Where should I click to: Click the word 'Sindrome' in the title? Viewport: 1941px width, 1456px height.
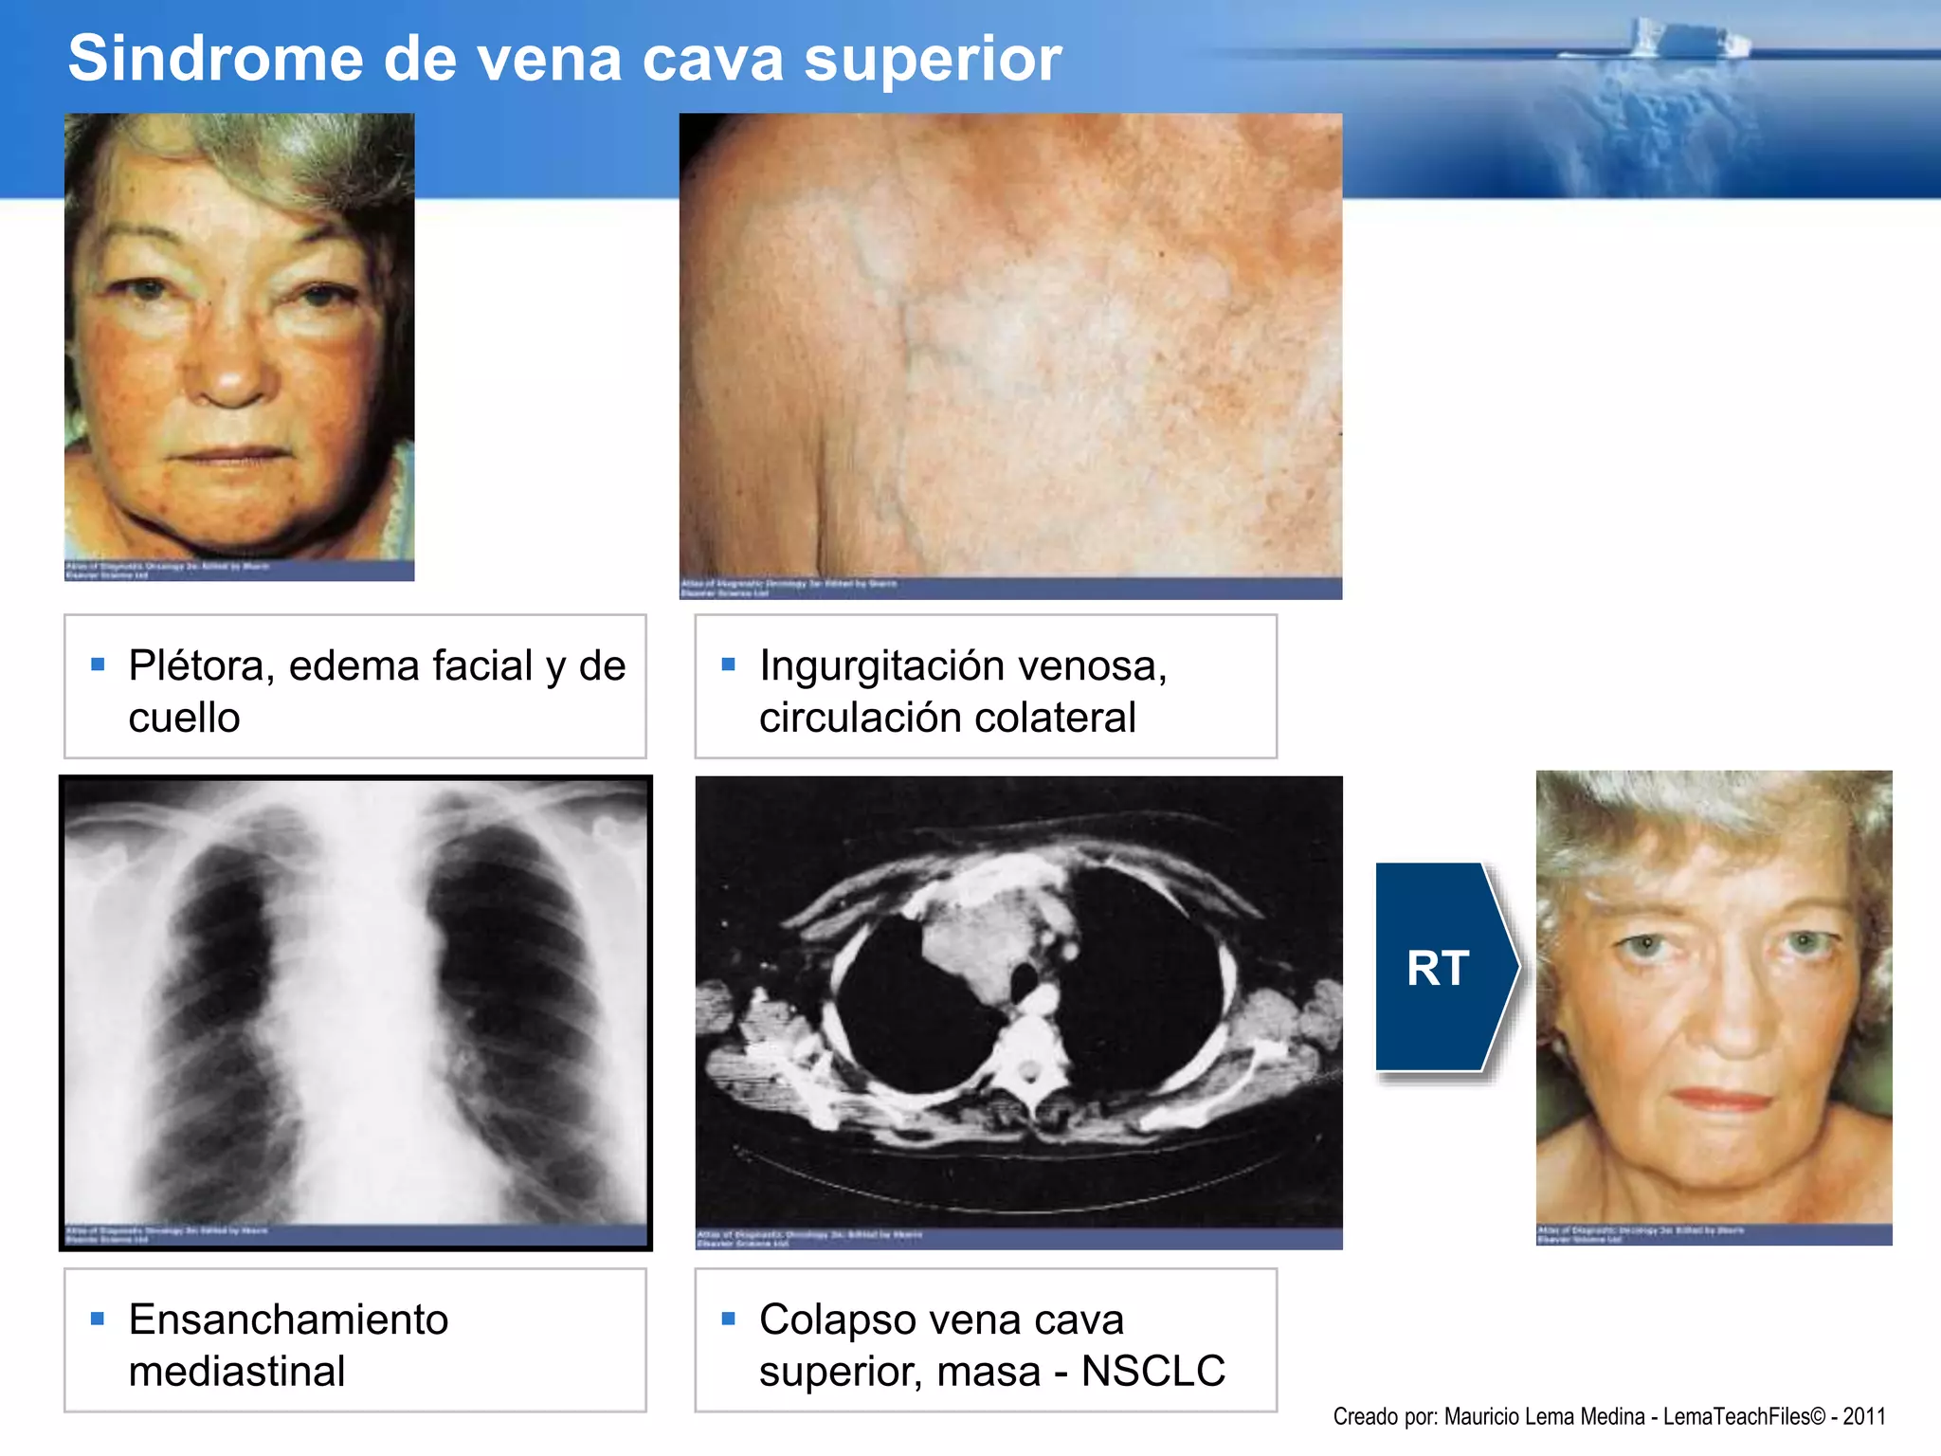(216, 59)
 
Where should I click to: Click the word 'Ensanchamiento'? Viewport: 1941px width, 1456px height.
(288, 1319)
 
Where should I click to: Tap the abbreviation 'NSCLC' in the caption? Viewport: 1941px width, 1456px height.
(1152, 1371)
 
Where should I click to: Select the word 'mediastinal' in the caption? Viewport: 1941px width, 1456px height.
(237, 1371)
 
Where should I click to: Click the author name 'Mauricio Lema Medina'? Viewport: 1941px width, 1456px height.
(1544, 1416)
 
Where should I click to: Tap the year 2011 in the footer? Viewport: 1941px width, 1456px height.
(1863, 1416)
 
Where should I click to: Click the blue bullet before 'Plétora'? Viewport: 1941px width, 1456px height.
(98, 664)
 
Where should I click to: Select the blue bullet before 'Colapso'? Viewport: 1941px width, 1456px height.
(728, 1319)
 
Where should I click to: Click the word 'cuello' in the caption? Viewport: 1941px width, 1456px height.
(184, 718)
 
